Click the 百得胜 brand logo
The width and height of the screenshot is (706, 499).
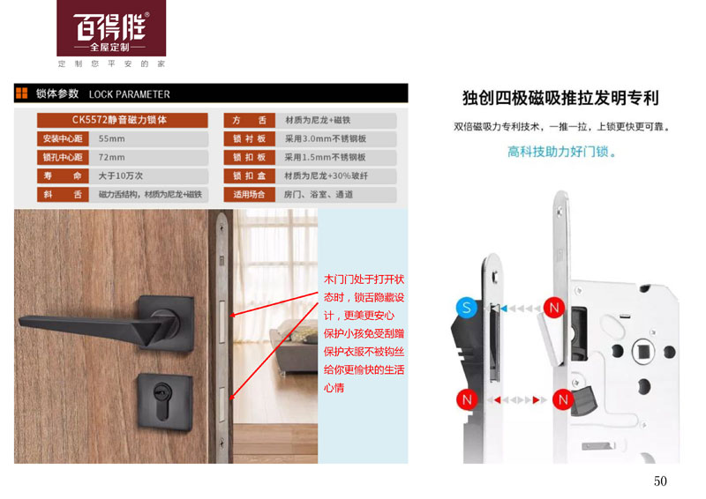(111, 28)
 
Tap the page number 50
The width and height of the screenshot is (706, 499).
(660, 481)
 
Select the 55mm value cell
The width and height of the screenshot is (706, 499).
(148, 138)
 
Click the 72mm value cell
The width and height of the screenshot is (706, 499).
(148, 157)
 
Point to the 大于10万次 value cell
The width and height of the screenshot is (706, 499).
(148, 175)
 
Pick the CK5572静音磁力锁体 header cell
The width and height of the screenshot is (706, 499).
(122, 120)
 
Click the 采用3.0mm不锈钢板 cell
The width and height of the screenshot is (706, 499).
(336, 138)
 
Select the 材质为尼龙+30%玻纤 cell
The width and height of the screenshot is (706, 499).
(336, 175)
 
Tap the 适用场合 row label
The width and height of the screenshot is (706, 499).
(249, 194)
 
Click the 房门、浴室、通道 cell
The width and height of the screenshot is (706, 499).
(336, 194)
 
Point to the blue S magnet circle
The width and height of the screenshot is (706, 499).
(467, 308)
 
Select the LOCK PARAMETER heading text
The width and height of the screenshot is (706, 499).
(129, 94)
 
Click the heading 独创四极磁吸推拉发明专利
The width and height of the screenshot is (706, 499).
(560, 98)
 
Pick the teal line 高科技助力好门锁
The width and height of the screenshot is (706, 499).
(561, 152)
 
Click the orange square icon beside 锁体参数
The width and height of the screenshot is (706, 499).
(21, 93)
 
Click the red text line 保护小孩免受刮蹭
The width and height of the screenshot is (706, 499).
(364, 333)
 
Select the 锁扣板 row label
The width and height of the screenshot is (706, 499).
(249, 157)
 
